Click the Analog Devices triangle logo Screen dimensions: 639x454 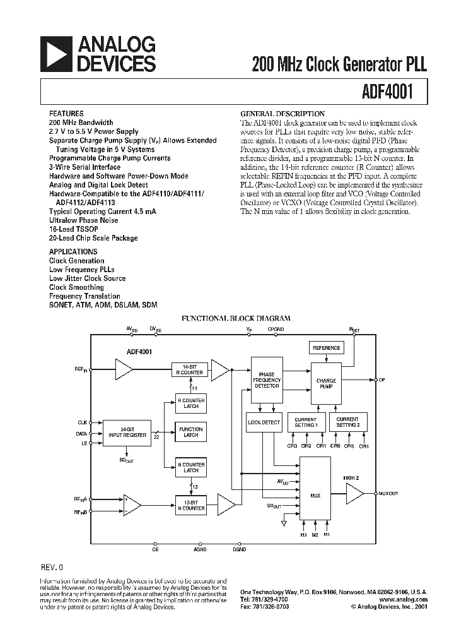point(57,53)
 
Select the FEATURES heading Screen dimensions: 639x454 point(66,114)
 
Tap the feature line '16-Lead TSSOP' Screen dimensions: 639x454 point(71,229)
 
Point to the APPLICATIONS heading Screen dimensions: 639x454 point(73,251)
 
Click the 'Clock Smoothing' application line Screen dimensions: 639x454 point(76,287)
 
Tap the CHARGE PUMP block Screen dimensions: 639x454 point(326,383)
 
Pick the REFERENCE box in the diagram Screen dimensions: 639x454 point(326,348)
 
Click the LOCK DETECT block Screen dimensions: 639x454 point(264,422)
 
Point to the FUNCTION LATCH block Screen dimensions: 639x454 point(190,432)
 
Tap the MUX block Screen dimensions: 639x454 point(315,495)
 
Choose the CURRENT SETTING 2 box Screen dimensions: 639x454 point(347,422)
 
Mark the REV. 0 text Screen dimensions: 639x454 point(52,568)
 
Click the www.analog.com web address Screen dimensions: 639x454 point(405,599)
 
